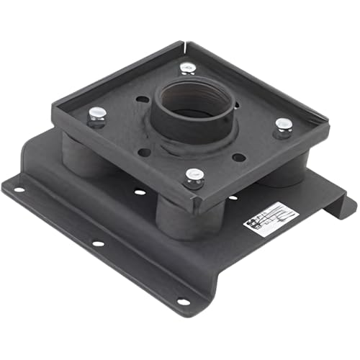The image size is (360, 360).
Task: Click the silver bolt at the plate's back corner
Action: click(x=187, y=68)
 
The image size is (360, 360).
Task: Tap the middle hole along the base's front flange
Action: click(x=97, y=243)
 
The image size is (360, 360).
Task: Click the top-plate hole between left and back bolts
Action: click(x=142, y=99)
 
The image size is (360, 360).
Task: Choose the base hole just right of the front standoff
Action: click(x=233, y=197)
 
